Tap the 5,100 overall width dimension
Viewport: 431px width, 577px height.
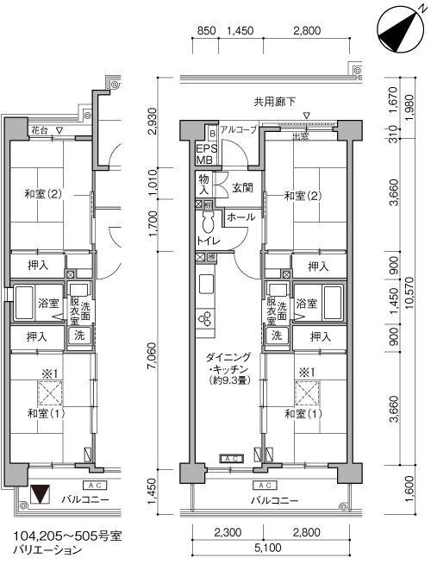[268, 548]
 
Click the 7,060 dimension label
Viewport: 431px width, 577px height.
[152, 356]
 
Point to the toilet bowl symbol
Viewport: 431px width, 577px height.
[208, 222]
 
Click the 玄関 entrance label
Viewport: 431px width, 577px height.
[242, 188]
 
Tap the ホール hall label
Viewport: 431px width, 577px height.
[240, 216]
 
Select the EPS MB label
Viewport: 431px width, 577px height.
[206, 154]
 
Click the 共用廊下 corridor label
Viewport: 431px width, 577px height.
[274, 102]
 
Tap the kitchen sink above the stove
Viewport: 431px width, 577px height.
[207, 284]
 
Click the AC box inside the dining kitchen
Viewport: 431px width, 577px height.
[231, 459]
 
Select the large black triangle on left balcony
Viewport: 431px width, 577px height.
[40, 494]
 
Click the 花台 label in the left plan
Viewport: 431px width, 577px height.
[40, 130]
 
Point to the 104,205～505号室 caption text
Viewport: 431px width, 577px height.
[67, 536]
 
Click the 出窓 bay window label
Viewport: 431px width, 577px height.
[300, 136]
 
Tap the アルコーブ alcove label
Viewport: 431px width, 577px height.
[238, 129]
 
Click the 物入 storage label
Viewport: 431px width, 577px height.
[204, 185]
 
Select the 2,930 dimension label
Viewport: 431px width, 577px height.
[152, 121]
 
